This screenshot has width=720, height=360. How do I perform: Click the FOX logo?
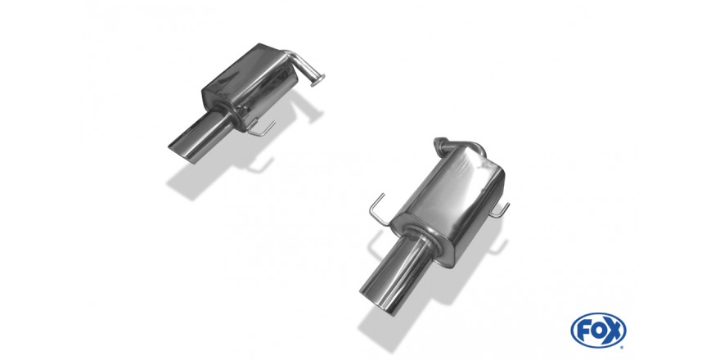point(598,331)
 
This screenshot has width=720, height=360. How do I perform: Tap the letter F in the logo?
point(583,331)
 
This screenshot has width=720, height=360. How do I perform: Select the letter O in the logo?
point(598,331)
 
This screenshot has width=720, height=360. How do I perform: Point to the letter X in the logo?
point(614,331)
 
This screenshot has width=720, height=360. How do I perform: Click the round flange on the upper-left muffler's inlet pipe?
point(317,80)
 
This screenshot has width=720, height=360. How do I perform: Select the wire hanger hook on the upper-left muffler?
point(260,128)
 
